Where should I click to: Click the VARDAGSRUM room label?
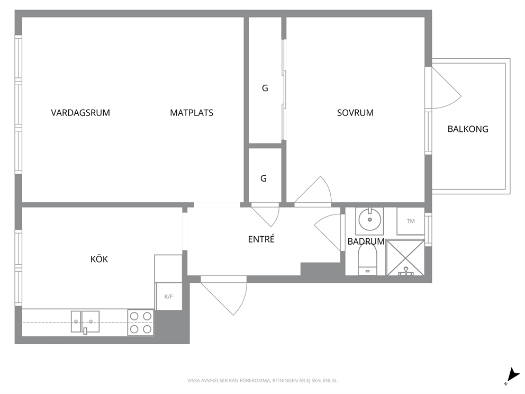80,113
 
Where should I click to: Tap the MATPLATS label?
192,113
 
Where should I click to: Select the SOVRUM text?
355,113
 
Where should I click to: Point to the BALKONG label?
468,129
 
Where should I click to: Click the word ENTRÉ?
261,239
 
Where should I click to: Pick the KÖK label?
99,259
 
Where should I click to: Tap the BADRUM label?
366,241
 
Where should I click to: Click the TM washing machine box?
411,221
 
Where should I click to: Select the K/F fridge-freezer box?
169,297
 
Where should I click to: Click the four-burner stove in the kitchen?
141,323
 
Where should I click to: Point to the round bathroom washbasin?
369,220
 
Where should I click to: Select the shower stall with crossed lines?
405,258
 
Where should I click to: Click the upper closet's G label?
265,88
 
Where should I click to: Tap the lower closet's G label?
264,178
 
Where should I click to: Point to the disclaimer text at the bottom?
262,381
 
